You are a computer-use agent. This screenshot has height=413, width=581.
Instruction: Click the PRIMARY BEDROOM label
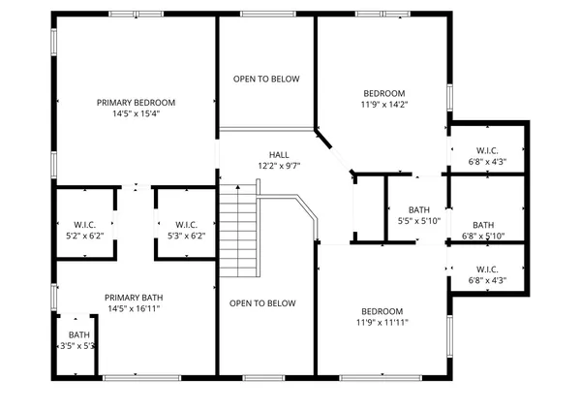[x=135, y=102]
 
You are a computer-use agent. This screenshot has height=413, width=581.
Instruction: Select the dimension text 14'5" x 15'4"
[x=135, y=113]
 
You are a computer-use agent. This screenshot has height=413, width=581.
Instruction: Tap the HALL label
[x=279, y=155]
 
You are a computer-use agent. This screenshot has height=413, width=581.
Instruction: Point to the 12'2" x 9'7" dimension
[x=279, y=166]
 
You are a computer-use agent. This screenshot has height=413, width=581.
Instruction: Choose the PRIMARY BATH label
[x=133, y=298]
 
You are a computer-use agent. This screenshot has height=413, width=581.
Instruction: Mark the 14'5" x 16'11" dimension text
[x=133, y=309]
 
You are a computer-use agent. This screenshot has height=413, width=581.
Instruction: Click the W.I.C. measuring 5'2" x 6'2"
[x=84, y=229]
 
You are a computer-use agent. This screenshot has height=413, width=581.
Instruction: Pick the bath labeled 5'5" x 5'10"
[x=418, y=215]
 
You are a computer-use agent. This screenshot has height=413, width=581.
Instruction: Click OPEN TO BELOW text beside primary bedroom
[x=266, y=79]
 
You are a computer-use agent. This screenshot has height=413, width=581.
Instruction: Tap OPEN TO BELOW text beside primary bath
[x=262, y=303]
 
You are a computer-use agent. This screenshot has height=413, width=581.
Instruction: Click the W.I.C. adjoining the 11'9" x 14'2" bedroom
[x=486, y=156]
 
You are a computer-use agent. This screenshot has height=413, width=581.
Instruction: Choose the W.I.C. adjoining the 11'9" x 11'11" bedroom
[x=486, y=275]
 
